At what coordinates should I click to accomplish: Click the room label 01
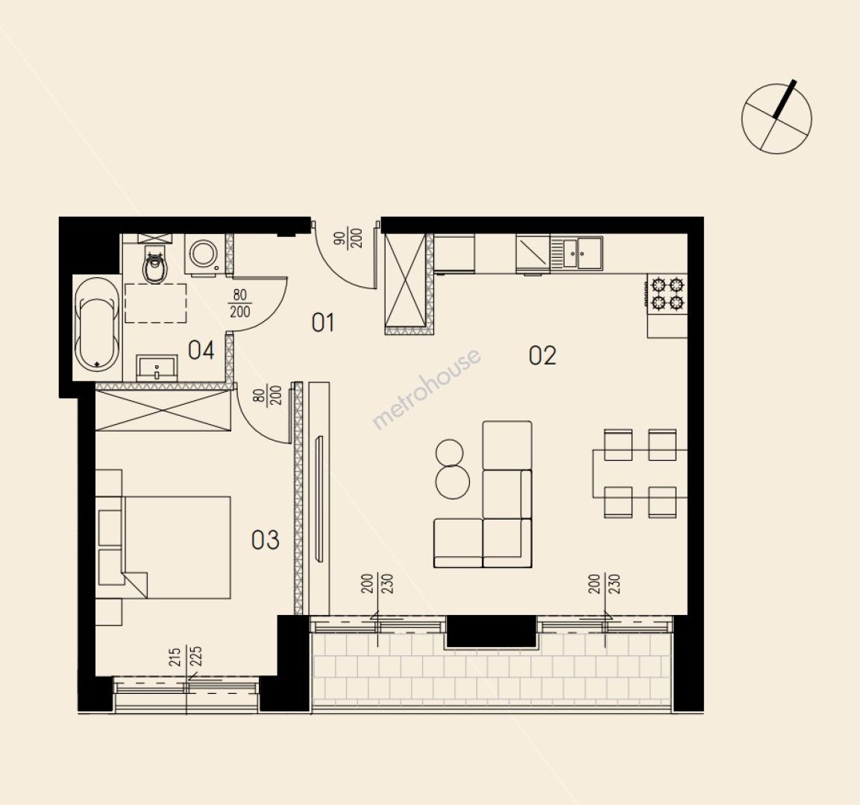322,322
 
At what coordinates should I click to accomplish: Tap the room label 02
542,356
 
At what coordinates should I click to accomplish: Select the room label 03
266,540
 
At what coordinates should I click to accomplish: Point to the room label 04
201,350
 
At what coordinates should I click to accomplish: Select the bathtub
98,324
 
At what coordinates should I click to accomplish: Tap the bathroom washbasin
157,367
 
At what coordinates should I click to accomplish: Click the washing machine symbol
204,253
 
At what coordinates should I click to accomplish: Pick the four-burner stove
667,294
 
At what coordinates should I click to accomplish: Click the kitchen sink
577,253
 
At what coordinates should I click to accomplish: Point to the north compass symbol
776,117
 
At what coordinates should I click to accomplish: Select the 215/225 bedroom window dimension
186,657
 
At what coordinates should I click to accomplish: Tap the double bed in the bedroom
163,547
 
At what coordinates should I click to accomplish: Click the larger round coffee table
453,482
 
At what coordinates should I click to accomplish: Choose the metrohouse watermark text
427,388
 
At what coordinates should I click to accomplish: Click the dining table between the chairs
640,473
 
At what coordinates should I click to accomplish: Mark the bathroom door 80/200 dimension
239,303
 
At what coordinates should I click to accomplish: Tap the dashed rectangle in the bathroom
156,303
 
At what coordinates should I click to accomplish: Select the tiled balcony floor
491,673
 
